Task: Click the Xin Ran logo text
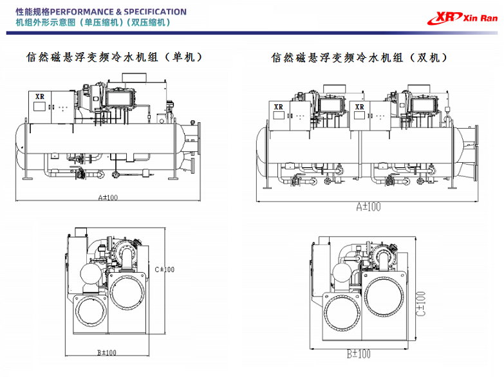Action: pos(480,17)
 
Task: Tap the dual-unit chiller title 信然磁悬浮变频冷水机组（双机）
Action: pos(359,58)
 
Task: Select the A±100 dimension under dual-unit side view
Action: pos(368,207)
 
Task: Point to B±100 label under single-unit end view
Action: pos(106,353)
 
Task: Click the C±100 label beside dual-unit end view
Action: pos(420,307)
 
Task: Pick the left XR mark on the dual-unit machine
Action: pos(278,107)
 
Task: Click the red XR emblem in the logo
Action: pos(449,17)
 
